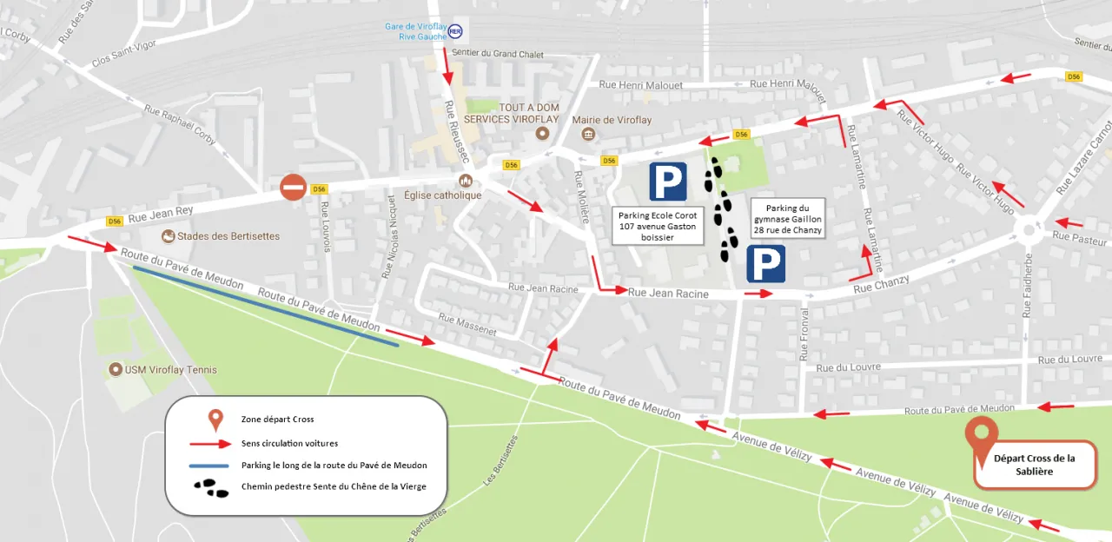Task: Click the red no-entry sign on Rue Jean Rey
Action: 294,187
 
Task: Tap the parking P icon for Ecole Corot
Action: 668,182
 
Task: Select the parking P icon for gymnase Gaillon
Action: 766,263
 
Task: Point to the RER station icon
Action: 455,31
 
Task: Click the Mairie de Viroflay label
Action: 617,120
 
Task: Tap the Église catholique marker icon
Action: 466,181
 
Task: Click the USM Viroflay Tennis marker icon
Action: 115,370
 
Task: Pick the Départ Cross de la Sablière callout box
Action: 1034,465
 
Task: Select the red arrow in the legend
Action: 215,443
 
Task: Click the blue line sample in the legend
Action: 215,465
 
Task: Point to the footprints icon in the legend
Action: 215,486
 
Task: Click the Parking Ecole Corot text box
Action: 658,226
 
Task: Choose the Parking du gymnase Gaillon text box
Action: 788,220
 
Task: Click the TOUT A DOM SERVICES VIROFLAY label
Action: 512,113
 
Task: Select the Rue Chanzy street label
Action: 881,284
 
